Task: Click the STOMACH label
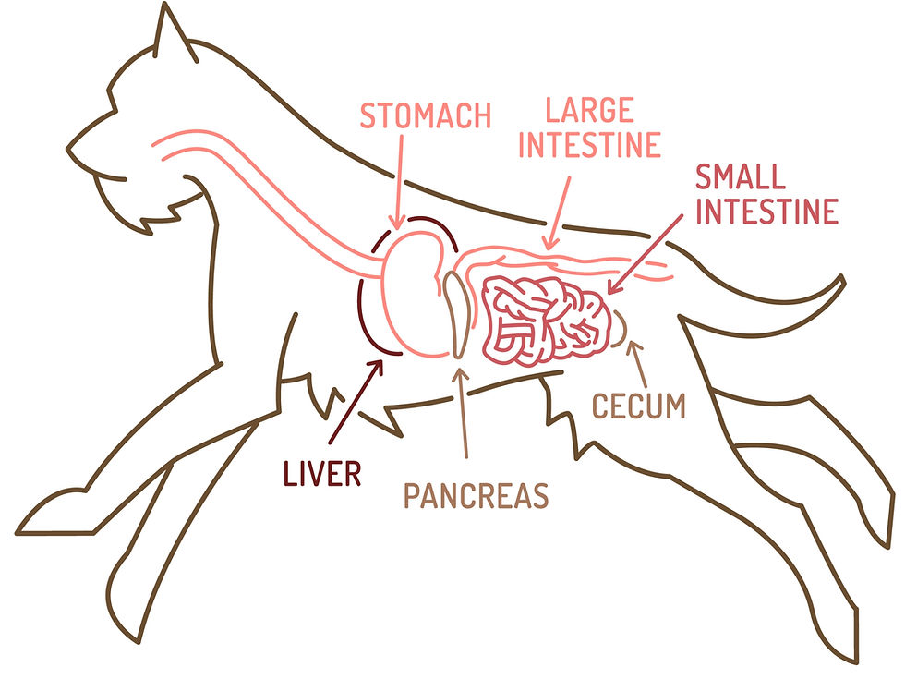(424, 117)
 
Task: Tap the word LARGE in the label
(588, 112)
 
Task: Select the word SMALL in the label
(740, 176)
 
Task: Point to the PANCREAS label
(476, 496)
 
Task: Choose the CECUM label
(639, 406)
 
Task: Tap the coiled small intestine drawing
(545, 319)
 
